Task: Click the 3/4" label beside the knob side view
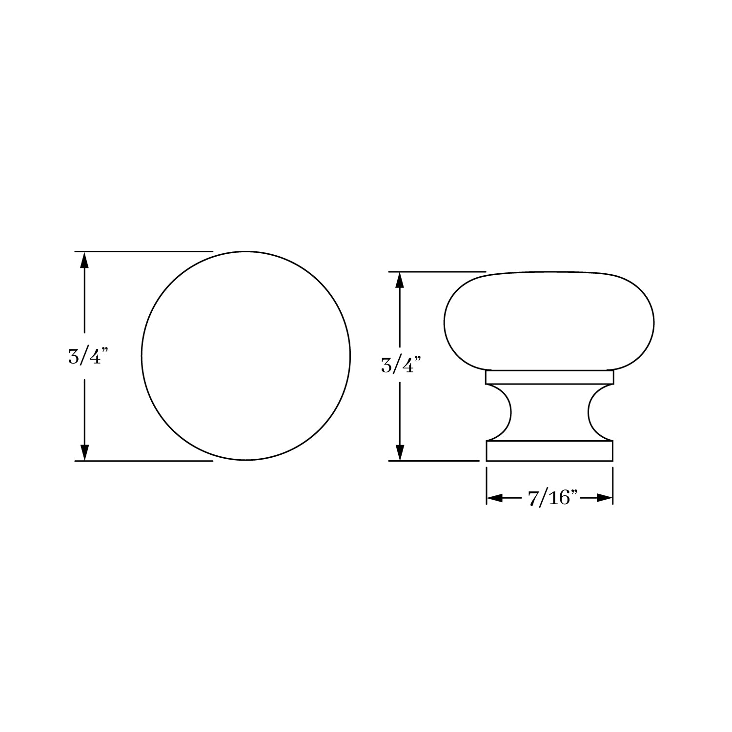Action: pyautogui.click(x=401, y=365)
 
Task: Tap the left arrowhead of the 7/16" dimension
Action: pyautogui.click(x=494, y=498)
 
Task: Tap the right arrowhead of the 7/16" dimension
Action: pyautogui.click(x=605, y=498)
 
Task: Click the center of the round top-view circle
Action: pyautogui.click(x=246, y=356)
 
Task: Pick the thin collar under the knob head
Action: pyautogui.click(x=549, y=377)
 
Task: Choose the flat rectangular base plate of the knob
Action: pyautogui.click(x=549, y=450)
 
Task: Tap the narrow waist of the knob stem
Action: pyautogui.click(x=549, y=413)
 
